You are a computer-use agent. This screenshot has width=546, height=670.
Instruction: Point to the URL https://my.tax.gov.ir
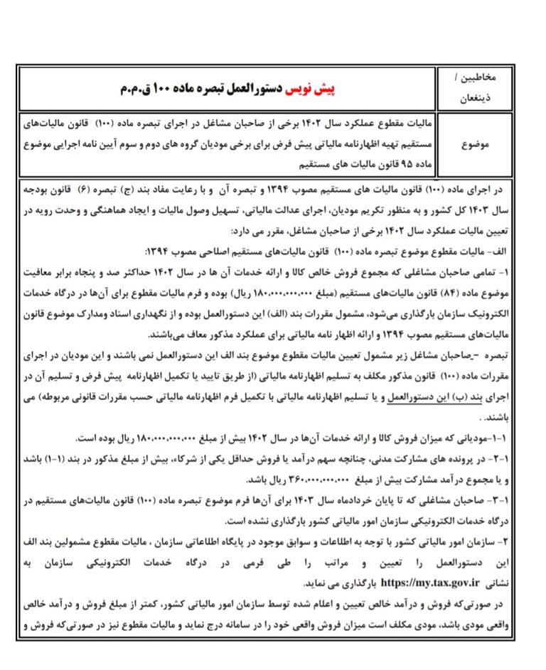point(431,583)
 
